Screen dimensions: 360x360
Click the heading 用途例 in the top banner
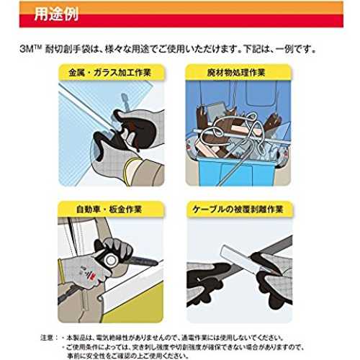56,14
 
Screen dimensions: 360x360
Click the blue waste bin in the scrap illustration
236,171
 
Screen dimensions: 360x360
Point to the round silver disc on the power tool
111,260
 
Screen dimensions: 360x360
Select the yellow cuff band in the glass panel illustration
130,167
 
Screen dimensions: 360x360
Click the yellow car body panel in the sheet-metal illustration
135,305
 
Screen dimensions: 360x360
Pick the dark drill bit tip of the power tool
143,261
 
